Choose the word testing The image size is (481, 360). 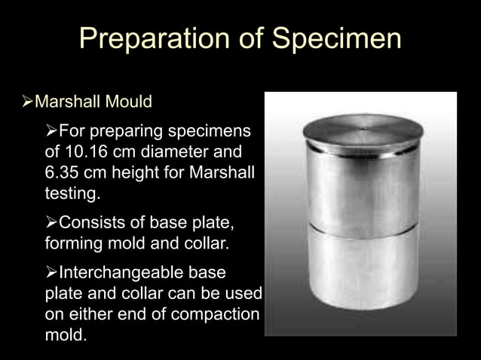pyautogui.click(x=71, y=193)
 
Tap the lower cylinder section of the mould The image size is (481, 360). pyautogui.click(x=363, y=271)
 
